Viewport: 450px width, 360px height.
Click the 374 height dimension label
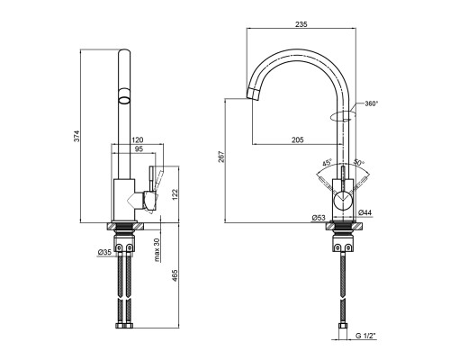(76, 136)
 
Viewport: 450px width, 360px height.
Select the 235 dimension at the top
(301, 24)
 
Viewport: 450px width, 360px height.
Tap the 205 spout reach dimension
(298, 139)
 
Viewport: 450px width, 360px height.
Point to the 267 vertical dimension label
(221, 157)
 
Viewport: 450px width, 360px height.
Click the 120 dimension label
(138, 139)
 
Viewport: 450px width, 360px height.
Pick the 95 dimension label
(139, 148)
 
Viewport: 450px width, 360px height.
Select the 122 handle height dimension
(175, 194)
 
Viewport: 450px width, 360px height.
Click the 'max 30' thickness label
(157, 250)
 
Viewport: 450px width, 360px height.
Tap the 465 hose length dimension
(175, 276)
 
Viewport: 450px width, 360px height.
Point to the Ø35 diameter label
(104, 252)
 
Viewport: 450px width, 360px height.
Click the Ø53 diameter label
(319, 218)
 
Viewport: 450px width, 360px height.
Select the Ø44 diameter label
(364, 212)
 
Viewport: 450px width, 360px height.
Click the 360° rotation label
(371, 103)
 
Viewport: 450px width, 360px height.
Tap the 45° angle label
(328, 163)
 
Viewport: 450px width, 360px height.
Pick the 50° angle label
(358, 162)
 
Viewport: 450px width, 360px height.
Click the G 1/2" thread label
(365, 336)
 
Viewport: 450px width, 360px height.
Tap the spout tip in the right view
(253, 94)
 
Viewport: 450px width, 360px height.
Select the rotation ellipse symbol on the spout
(343, 116)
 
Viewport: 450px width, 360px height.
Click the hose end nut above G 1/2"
(343, 326)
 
